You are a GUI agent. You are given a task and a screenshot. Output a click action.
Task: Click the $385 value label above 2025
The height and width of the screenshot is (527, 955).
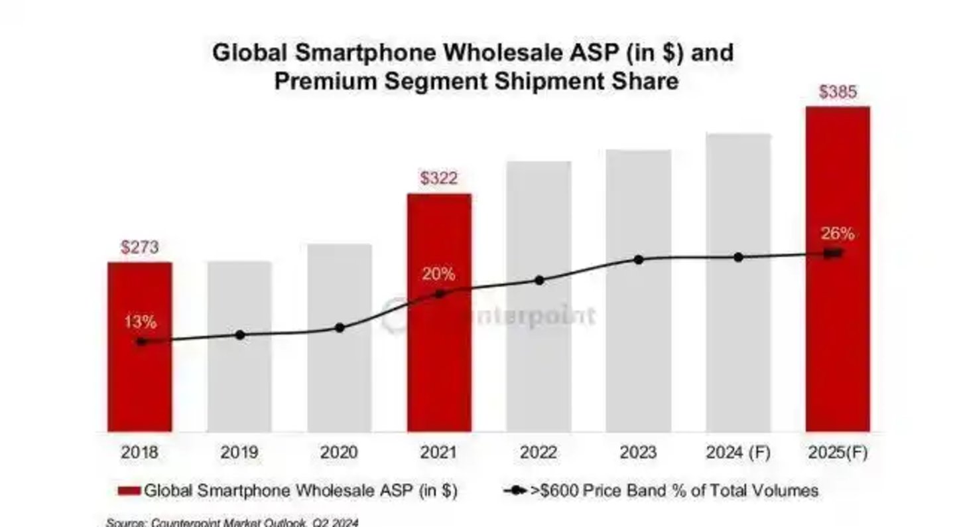pos(838,92)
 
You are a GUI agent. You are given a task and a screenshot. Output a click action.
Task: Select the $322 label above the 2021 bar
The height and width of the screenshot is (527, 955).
pos(439,179)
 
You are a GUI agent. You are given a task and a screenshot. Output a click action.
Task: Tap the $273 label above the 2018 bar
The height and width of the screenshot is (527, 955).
pos(140,248)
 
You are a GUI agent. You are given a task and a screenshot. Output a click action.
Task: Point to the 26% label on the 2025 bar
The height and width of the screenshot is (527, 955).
pos(838,234)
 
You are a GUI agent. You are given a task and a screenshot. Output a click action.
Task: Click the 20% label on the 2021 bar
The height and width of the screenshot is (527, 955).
pos(439,273)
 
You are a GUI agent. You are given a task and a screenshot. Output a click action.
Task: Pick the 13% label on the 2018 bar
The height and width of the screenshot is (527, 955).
pos(140,323)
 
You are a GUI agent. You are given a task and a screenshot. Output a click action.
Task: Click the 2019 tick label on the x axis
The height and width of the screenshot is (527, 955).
pos(239,453)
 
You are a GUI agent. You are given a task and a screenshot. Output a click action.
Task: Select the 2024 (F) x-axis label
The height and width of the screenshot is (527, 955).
pos(738,453)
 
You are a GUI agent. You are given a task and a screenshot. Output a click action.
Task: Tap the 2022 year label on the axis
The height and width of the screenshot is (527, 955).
pos(539,453)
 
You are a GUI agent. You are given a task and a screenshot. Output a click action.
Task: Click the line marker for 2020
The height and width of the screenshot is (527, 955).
pos(340,328)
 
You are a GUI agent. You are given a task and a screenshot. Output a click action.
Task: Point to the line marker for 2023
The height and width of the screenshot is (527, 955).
pos(639,260)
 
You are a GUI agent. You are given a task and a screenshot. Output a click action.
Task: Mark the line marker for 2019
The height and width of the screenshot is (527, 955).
pos(239,335)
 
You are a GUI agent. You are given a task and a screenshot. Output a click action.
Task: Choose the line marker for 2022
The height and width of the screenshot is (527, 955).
pos(539,280)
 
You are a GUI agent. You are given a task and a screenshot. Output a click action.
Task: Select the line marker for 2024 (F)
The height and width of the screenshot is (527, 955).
pos(738,258)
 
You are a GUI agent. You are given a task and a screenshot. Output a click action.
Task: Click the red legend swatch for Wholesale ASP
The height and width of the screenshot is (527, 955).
pos(129,491)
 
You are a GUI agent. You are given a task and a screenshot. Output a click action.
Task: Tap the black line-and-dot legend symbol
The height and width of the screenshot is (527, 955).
pos(515,491)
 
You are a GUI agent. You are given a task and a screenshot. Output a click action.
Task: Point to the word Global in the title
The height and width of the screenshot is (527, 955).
pos(251,52)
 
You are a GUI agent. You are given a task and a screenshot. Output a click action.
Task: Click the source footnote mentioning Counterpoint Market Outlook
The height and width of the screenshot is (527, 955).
pos(232,522)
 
